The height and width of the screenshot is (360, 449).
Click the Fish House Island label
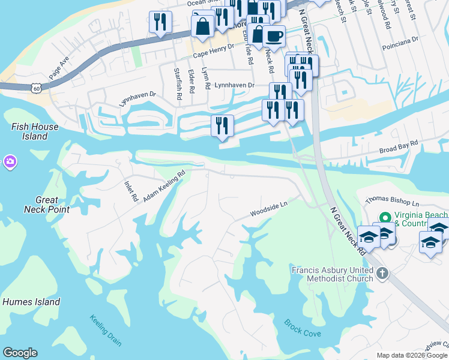coord(35,131)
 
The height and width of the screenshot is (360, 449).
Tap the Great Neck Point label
coord(46,205)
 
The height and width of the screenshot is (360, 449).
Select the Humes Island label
coord(31,302)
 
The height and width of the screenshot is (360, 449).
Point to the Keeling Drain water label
coord(106,331)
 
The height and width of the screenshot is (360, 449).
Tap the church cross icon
coord(382,274)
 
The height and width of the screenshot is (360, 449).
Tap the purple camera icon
coord(10,161)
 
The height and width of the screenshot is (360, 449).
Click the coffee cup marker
coord(274,36)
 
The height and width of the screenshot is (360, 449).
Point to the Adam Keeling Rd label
coord(164,185)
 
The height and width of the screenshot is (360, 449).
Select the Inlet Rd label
coord(131,190)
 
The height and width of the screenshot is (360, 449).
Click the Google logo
coord(20,353)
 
